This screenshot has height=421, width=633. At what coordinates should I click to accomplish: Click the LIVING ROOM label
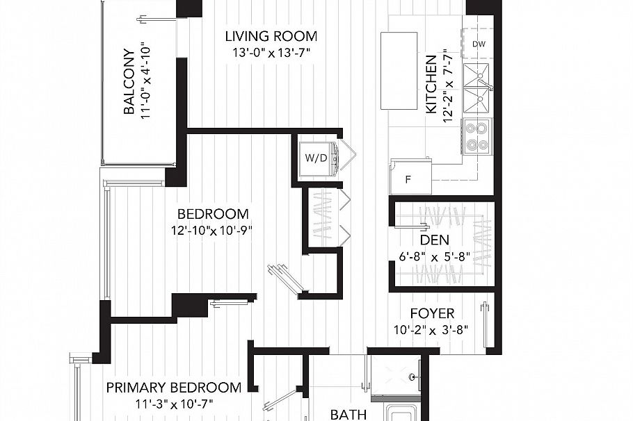coord(271,36)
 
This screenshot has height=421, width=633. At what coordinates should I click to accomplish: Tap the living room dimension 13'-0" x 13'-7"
coord(271,52)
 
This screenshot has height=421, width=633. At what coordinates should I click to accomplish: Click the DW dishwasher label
coord(478,44)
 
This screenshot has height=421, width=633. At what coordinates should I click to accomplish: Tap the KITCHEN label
coord(431,85)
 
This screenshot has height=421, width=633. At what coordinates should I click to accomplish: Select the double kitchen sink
coord(477,88)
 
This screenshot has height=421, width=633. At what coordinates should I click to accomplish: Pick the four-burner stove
coord(476,136)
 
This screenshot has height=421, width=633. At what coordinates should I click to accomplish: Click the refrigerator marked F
coord(410,177)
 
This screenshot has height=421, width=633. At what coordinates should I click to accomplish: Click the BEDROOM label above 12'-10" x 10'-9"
coord(213,214)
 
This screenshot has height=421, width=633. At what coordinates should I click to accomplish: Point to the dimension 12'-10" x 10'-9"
coord(213,230)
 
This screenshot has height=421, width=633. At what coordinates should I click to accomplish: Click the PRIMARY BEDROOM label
coord(174,388)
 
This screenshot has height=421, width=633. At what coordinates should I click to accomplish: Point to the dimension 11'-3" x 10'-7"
coord(174,403)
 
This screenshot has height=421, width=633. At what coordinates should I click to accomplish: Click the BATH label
coord(348,415)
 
